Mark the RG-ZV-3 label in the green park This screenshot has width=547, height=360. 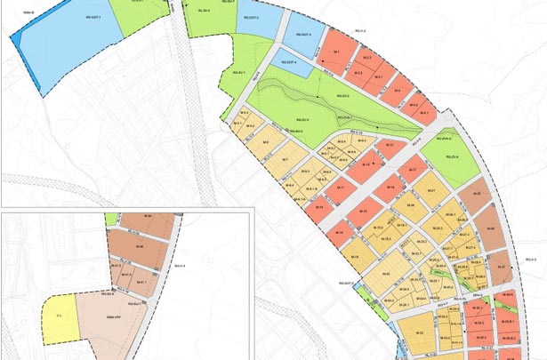(x=342, y=96)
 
